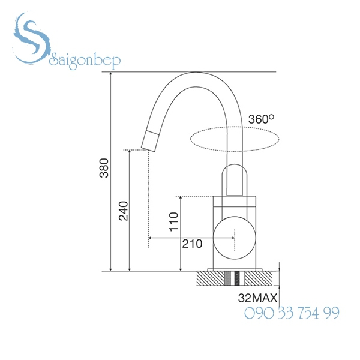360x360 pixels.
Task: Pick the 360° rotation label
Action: click(x=260, y=119)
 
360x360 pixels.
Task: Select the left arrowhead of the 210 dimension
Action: click(x=151, y=238)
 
